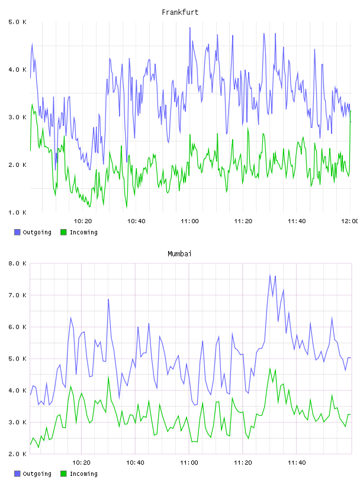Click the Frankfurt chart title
pos(180,12)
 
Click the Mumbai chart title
pos(179,254)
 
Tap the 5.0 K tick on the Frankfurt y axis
pos(17,22)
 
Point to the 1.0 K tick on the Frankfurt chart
pos(17,212)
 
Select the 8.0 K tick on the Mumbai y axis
pos(17,263)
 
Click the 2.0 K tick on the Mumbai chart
pos(17,454)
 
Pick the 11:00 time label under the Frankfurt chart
pos(189,221)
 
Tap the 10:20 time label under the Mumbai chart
pos(81,463)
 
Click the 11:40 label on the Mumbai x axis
pos(297,463)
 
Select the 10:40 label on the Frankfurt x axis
pos(136,221)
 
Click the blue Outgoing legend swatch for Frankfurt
pos(17,232)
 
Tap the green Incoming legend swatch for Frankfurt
pos(63,232)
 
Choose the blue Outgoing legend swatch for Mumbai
pos(17,474)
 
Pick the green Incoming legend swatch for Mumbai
pos(63,474)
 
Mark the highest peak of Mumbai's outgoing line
pos(270,275)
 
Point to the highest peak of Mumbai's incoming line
pos(270,368)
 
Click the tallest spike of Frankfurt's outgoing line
pos(190,28)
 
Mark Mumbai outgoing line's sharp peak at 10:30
pos(108,299)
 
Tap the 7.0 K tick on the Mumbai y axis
pos(17,295)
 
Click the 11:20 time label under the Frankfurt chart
pos(243,221)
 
